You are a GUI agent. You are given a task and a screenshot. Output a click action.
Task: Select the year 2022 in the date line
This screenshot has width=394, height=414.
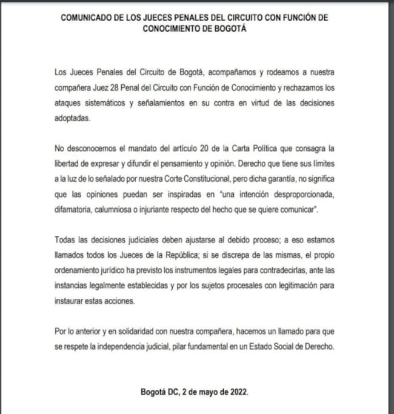pos(235,392)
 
